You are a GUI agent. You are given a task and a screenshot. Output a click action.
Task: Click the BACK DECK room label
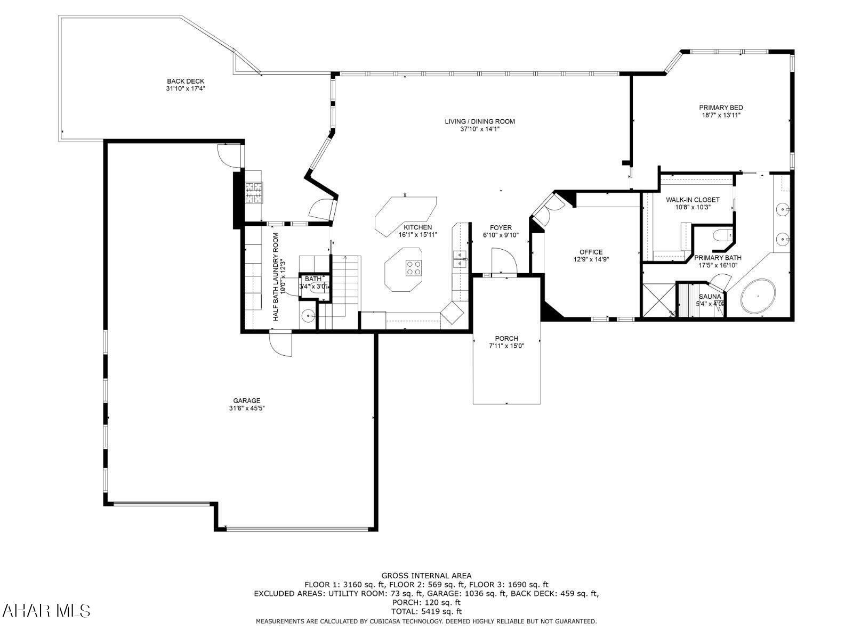(185, 81)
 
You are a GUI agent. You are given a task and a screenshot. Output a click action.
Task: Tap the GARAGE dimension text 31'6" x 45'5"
(247, 408)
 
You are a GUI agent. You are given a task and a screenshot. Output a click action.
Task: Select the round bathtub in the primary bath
(758, 296)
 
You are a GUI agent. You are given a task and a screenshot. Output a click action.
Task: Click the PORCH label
(506, 339)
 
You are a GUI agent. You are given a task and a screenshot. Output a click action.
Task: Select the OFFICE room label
(591, 252)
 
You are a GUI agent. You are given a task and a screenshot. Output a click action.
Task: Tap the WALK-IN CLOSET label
(693, 200)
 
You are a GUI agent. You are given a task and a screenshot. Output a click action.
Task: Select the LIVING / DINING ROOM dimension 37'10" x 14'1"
(479, 129)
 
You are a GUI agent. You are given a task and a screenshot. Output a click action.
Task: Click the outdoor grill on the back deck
(254, 192)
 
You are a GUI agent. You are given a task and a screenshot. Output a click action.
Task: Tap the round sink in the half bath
(309, 316)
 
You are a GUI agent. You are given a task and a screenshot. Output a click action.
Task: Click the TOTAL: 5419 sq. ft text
(426, 611)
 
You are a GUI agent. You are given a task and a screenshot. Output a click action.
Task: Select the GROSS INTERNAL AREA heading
(426, 576)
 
